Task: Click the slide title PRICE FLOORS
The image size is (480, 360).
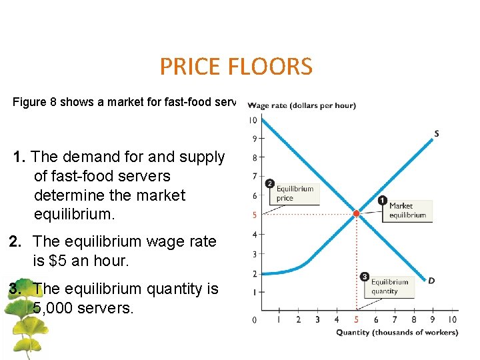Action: (x=235, y=67)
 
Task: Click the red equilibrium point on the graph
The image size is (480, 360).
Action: (x=356, y=213)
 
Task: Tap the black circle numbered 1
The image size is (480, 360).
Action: (x=382, y=200)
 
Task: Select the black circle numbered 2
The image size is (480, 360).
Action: (x=269, y=183)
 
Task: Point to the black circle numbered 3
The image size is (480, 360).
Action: (x=364, y=277)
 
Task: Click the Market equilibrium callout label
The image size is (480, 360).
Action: (x=407, y=211)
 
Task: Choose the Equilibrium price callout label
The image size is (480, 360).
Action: (x=294, y=193)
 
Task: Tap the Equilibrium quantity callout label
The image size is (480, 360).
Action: (x=389, y=287)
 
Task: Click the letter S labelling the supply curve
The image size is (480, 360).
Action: (x=436, y=134)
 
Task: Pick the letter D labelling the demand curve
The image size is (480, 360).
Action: (x=431, y=281)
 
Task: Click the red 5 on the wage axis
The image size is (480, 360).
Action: (x=253, y=215)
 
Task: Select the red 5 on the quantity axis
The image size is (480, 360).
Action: (x=356, y=320)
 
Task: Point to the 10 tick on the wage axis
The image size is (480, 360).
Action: (x=253, y=120)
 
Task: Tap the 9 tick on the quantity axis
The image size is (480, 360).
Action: (x=433, y=320)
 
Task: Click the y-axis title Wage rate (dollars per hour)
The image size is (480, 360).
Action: (x=301, y=105)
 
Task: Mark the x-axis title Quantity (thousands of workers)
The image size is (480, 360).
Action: (x=397, y=333)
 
